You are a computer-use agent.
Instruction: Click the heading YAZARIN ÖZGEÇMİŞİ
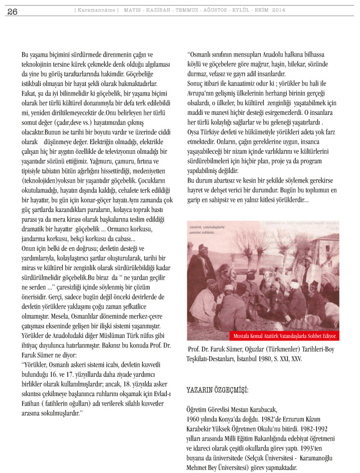click(218, 391)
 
